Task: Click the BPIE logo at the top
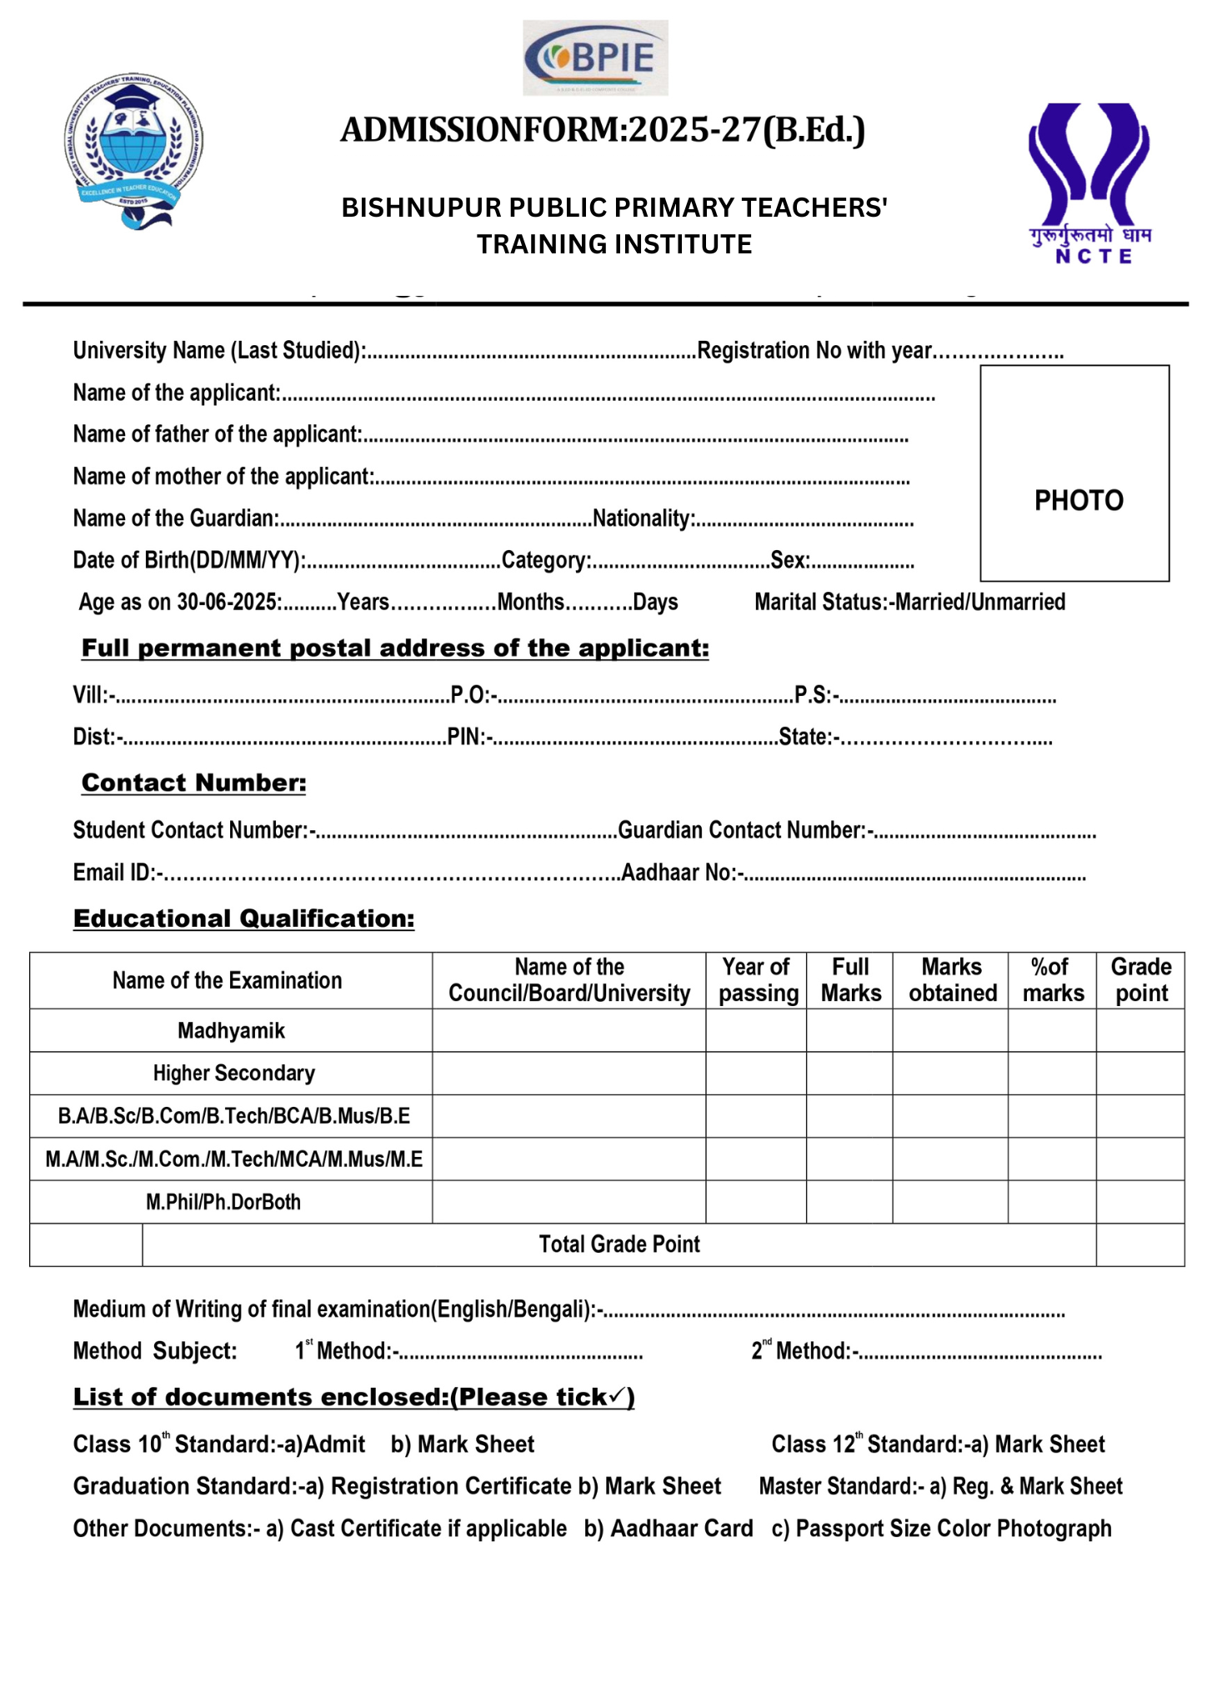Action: [x=595, y=58]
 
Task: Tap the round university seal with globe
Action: [x=134, y=150]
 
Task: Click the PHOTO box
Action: [x=1074, y=473]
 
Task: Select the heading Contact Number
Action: [x=193, y=783]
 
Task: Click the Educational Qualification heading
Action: [x=243, y=919]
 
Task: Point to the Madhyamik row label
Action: [x=231, y=1031]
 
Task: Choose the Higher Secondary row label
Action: [x=233, y=1073]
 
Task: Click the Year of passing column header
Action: [x=756, y=980]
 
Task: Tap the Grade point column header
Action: [x=1140, y=980]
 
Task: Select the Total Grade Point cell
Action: [x=619, y=1244]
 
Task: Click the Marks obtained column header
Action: [x=951, y=980]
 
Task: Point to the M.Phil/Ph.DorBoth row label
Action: [x=223, y=1202]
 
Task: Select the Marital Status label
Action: [x=820, y=602]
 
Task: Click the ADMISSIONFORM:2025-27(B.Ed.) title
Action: [x=603, y=130]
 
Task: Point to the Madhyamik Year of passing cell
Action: [x=756, y=1031]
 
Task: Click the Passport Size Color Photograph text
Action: [x=953, y=1529]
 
